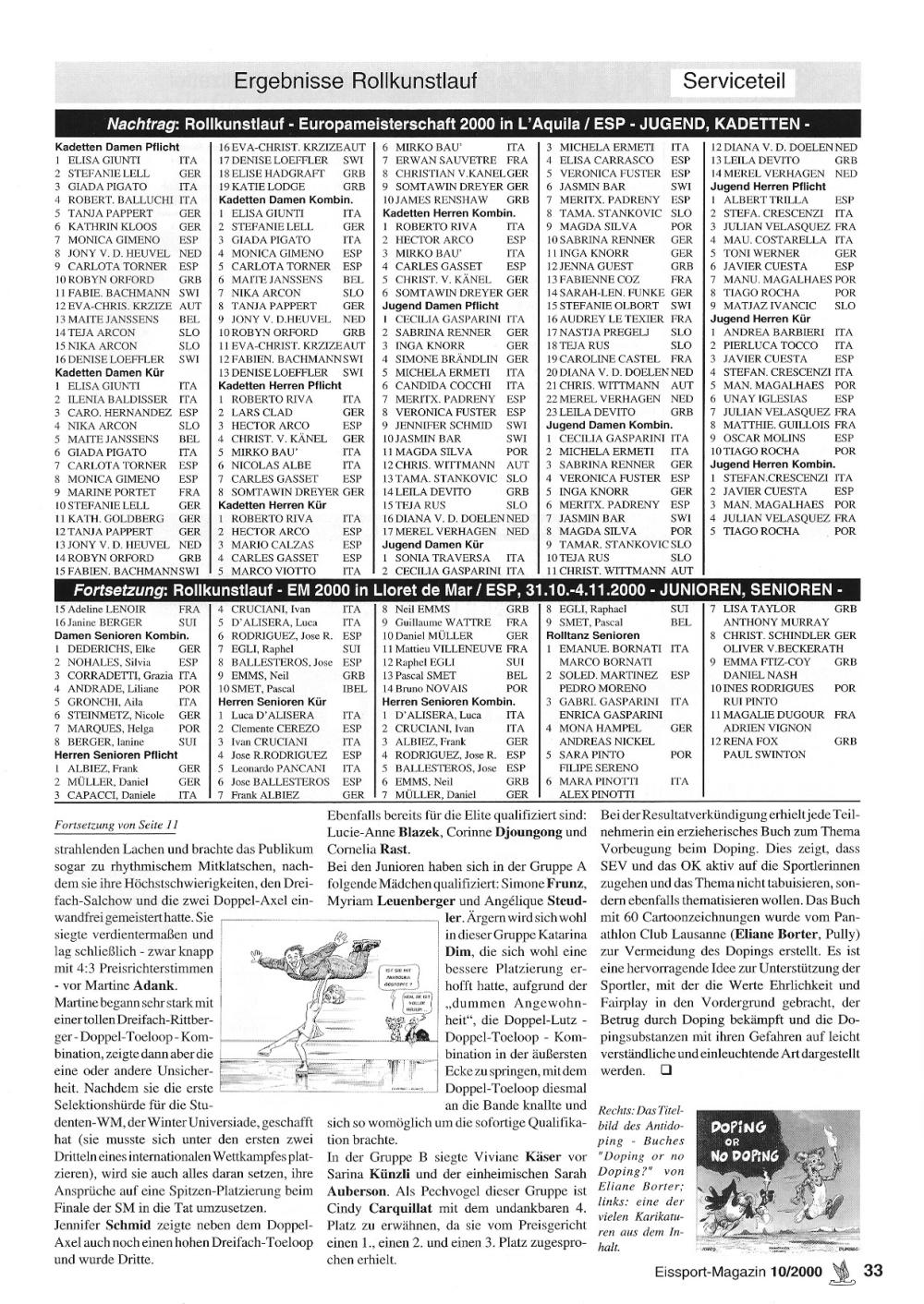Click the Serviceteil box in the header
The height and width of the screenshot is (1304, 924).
[735, 81]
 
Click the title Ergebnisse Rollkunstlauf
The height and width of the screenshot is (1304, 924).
[355, 81]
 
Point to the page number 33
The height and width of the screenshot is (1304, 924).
[873, 1270]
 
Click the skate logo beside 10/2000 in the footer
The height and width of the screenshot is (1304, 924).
[840, 1271]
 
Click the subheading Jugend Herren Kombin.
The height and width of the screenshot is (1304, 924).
[772, 465]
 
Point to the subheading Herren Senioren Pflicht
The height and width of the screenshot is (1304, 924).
[115, 755]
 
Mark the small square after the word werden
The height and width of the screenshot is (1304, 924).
[663, 1071]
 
